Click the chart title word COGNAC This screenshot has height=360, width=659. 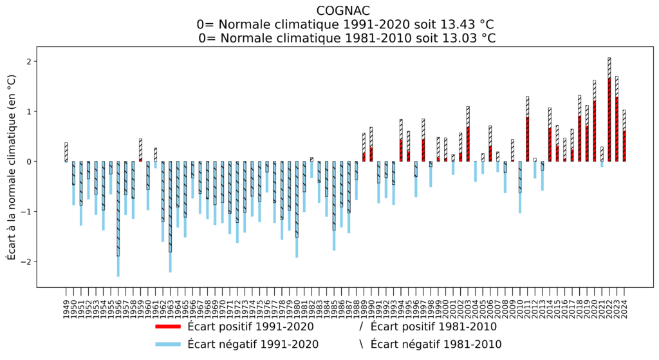pos(342,10)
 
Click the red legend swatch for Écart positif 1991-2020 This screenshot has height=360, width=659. pos(169,327)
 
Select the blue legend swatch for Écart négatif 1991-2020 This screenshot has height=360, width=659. pos(169,345)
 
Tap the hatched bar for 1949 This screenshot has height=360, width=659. pos(66,152)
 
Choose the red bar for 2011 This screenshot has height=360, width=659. pos(528,139)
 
